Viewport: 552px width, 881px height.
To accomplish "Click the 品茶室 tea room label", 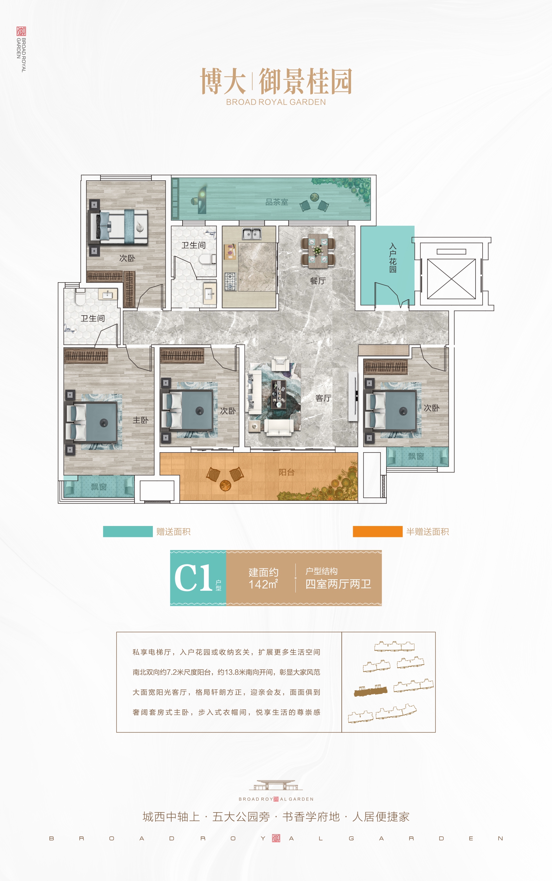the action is [x=277, y=202].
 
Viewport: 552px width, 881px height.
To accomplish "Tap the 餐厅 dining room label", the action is [x=318, y=281].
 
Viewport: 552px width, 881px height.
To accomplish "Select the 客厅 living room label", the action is [x=323, y=398].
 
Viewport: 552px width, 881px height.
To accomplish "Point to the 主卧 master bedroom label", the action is [x=141, y=420].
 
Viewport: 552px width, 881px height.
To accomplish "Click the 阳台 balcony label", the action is [x=287, y=472].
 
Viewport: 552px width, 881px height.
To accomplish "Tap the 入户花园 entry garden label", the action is [x=393, y=258].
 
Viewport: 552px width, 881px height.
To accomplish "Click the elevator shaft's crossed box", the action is [x=452, y=279].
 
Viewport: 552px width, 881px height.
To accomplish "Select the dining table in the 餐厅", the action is [x=318, y=250].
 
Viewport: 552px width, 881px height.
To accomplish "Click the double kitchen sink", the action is [x=252, y=233].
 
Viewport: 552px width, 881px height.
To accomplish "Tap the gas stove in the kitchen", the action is [x=230, y=282].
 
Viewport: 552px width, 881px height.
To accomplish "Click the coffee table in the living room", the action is [x=279, y=394].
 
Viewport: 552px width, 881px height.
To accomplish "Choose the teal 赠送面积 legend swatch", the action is [x=128, y=531].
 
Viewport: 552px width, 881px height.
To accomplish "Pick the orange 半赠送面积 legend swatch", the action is [x=377, y=531].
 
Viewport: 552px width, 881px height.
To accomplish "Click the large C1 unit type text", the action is [x=193, y=577].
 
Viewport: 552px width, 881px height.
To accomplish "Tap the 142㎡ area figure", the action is [x=263, y=584].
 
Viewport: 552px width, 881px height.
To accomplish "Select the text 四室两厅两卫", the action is [x=338, y=584].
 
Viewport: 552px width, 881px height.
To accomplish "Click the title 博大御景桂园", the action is [x=276, y=81].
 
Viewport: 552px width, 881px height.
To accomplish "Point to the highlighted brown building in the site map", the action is [x=370, y=690].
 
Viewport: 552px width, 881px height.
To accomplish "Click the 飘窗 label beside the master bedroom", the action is [x=98, y=487].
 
